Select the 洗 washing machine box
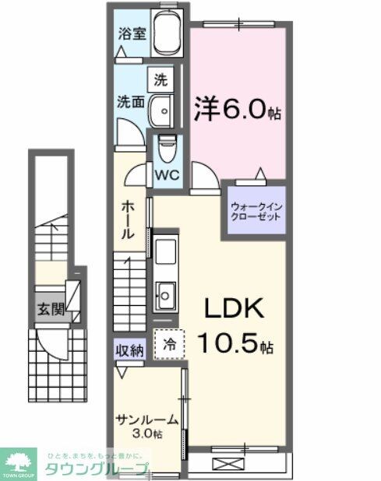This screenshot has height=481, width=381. click(x=160, y=79)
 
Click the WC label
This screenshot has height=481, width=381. click(x=169, y=174)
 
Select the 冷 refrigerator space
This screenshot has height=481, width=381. click(x=168, y=343)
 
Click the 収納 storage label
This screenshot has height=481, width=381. click(x=131, y=350)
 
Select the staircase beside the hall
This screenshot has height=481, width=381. click(x=130, y=287)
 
